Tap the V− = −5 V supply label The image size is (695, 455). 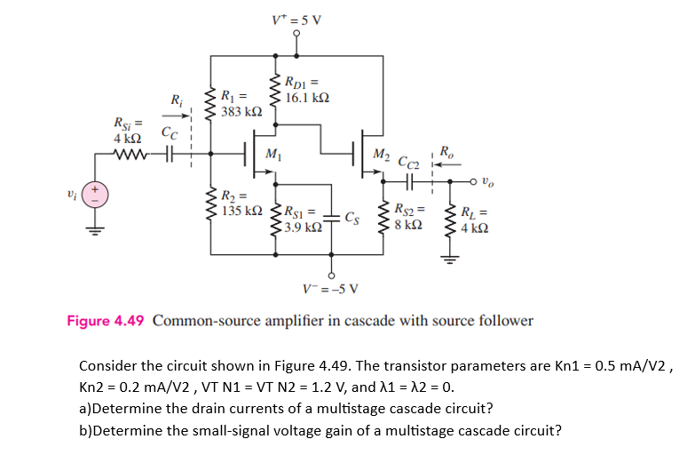coord(332,288)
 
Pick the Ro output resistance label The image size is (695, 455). coord(446,151)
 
